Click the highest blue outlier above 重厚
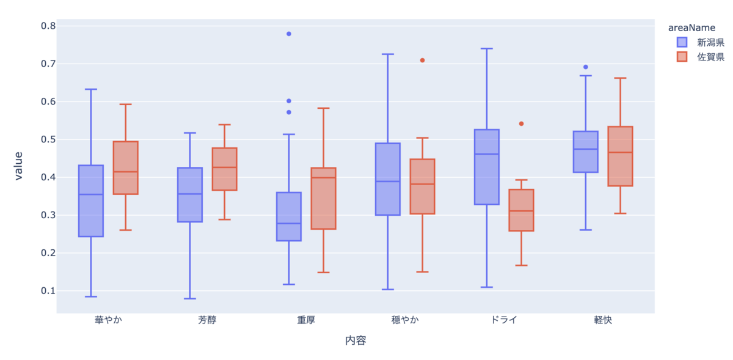pos(289,34)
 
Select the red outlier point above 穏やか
pos(423,61)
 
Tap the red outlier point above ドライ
pos(521,124)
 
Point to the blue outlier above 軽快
pos(586,67)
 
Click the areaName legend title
pos(691,28)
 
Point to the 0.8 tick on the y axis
pos(48,26)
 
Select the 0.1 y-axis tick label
pos(48,291)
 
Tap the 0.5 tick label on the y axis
pos(48,139)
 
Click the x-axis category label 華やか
pos(108,320)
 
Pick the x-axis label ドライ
pos(504,320)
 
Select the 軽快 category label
pos(603,320)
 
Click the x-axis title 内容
pos(356,340)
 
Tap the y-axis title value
pos(18,166)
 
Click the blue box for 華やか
pos(91,201)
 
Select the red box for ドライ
pos(521,210)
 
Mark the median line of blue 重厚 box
pos(289,224)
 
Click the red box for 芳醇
pos(225,169)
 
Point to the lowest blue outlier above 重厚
pos(289,112)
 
